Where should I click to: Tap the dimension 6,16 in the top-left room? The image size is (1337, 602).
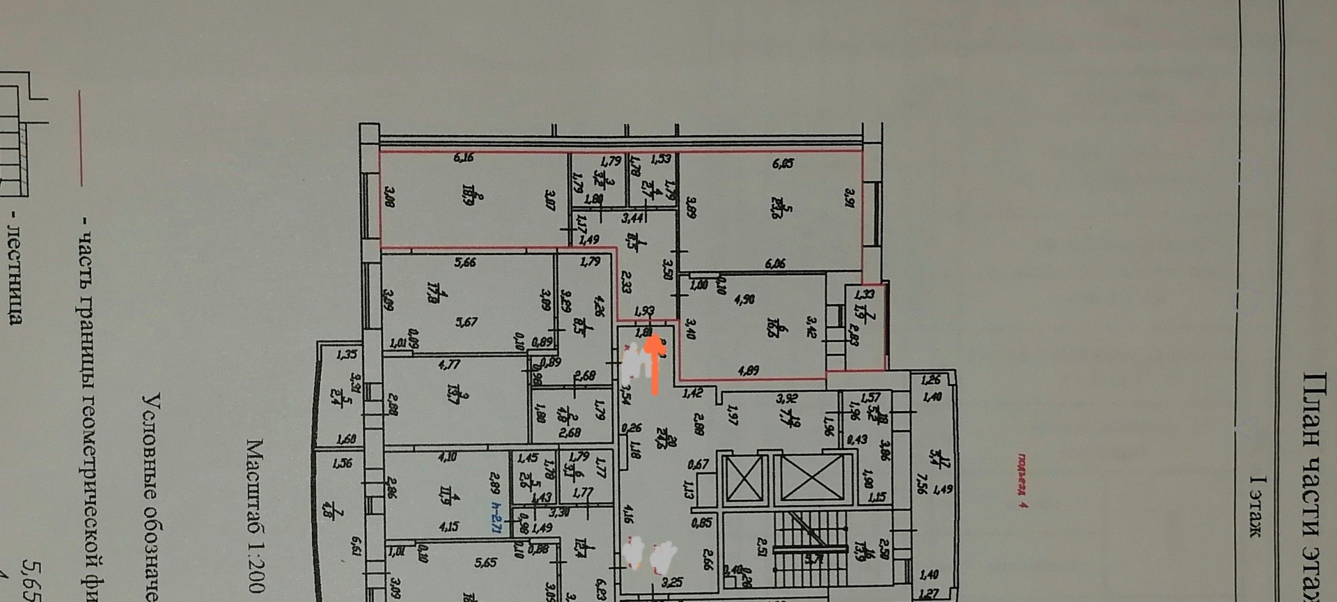pos(464,158)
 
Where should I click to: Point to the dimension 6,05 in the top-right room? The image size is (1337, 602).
pos(783,164)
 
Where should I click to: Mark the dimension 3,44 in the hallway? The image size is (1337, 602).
pos(632,219)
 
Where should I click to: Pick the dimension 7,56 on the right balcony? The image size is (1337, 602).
pos(923,481)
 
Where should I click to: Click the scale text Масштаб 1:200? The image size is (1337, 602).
pos(255,516)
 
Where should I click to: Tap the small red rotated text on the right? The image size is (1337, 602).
pos(1023,481)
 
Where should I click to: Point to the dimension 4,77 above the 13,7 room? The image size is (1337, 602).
pos(454,363)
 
